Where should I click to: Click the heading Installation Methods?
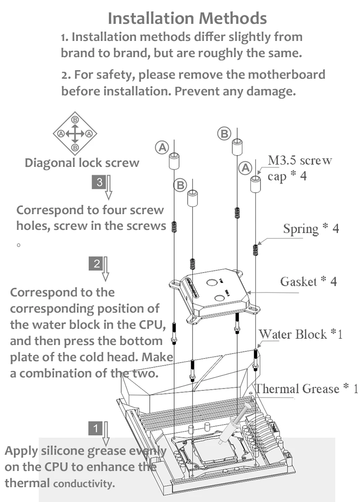click(187, 18)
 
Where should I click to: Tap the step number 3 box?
click(99, 182)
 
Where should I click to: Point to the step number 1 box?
click(95, 428)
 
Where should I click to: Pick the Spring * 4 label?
click(310, 229)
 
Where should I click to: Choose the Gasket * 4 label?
click(308, 282)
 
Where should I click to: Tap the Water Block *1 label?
click(301, 334)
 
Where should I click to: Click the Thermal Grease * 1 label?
click(306, 388)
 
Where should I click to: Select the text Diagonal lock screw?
click(82, 162)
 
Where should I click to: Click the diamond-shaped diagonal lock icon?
click(75, 133)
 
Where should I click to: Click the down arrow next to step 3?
click(108, 188)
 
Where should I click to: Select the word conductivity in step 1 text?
click(84, 484)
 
